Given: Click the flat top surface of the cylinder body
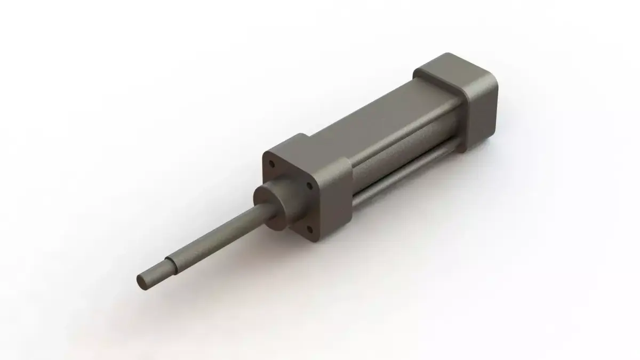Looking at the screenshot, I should [373, 117].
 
